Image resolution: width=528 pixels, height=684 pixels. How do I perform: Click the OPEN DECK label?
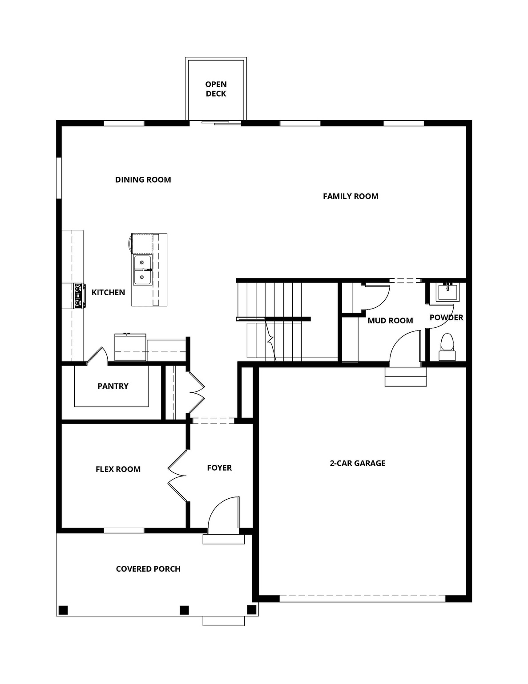click(216, 89)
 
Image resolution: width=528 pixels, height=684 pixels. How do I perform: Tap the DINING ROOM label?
click(143, 179)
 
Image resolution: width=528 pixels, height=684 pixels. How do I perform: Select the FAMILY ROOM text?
click(351, 196)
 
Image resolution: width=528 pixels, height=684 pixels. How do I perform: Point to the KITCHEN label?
click(108, 292)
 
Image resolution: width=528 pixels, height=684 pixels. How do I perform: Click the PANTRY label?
click(113, 386)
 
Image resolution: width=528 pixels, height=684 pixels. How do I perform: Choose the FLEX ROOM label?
click(118, 469)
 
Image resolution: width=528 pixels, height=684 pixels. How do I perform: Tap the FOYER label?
click(219, 468)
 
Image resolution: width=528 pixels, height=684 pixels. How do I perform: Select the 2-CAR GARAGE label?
click(358, 463)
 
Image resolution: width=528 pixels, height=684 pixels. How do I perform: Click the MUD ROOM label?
click(390, 321)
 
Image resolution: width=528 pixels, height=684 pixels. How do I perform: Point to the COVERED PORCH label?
click(148, 569)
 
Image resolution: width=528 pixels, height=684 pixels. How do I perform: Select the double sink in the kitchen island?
click(142, 270)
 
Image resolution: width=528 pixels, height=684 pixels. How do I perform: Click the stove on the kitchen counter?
click(79, 296)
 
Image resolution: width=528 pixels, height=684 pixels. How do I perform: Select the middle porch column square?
click(184, 610)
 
